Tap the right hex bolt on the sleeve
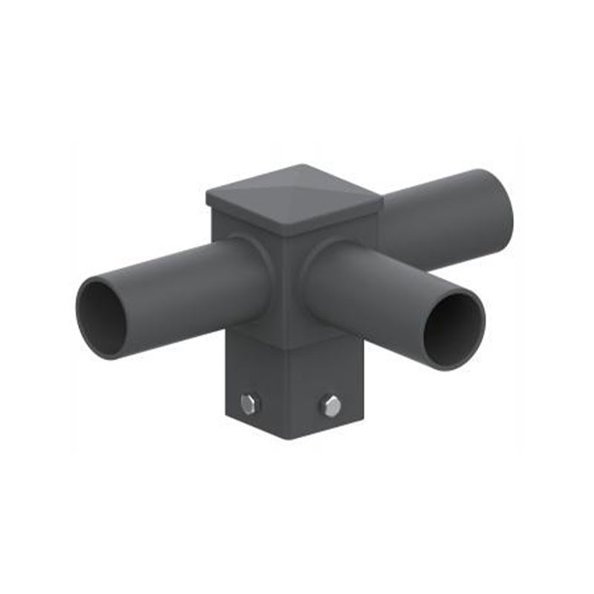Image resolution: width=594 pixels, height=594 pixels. [331, 405]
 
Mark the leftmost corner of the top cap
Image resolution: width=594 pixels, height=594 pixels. [206, 197]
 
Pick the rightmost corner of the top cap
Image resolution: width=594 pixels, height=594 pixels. [383, 198]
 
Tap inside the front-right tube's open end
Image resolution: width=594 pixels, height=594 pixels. [454, 330]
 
